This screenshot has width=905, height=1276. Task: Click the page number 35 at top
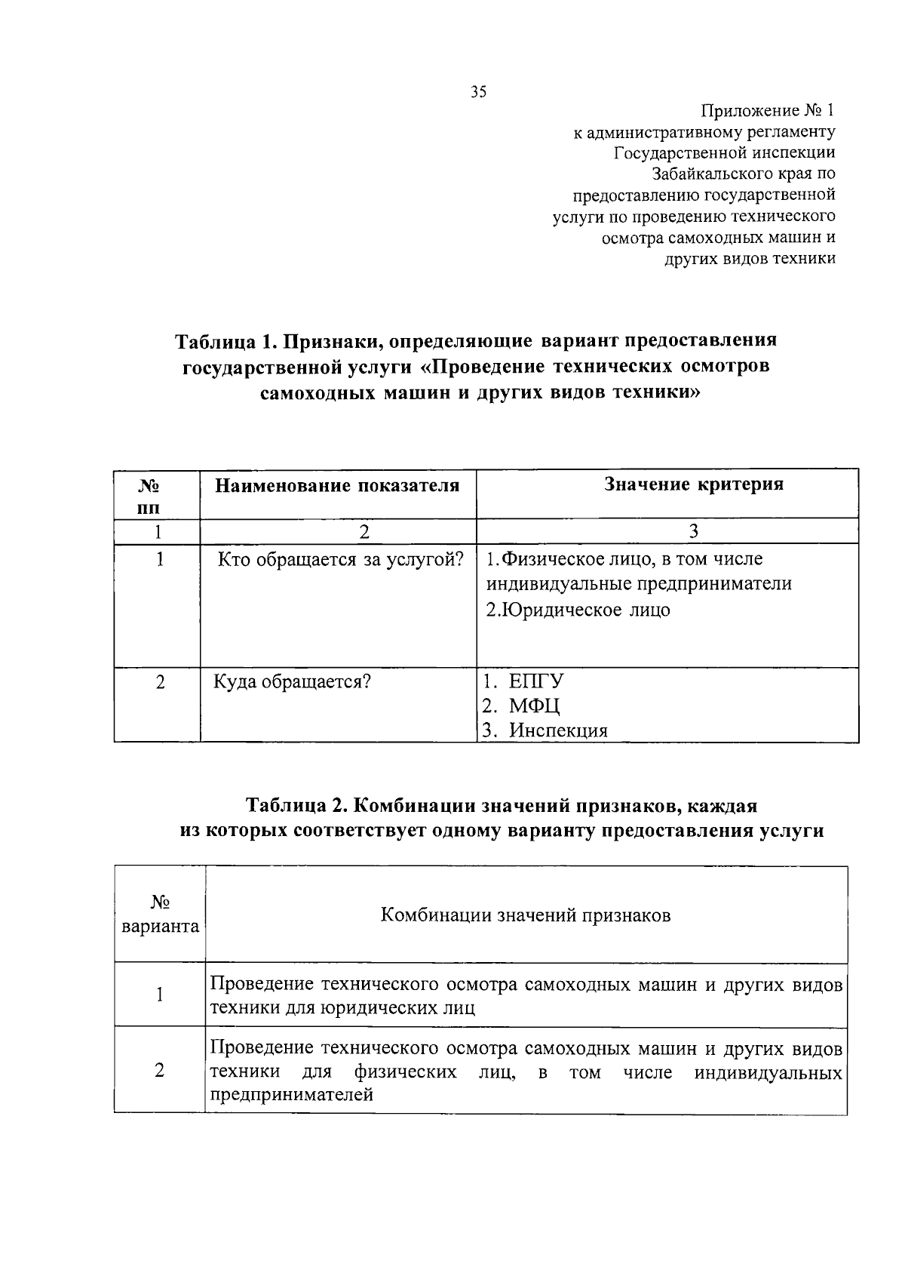pyautogui.click(x=479, y=92)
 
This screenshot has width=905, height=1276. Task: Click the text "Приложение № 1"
pyautogui.click(x=768, y=111)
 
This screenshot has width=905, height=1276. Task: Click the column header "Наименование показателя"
pyautogui.click(x=337, y=485)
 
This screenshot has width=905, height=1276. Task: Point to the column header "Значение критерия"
pyautogui.click(x=694, y=484)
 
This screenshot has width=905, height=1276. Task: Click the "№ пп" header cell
pyautogui.click(x=158, y=494)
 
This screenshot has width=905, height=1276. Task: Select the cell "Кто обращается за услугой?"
pyautogui.click(x=340, y=560)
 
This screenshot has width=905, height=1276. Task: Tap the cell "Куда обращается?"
pyautogui.click(x=292, y=682)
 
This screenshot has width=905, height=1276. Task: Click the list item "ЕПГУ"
pyautogui.click(x=536, y=681)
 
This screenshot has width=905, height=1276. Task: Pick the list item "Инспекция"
pyautogui.click(x=557, y=730)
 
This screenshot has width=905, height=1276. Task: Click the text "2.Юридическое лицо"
pyautogui.click(x=578, y=610)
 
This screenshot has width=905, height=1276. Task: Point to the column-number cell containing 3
pyautogui.click(x=694, y=531)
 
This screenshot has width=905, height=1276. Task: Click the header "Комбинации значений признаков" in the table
pyautogui.click(x=526, y=915)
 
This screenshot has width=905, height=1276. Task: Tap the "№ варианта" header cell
pyautogui.click(x=160, y=914)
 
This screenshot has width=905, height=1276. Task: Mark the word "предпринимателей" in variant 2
pyautogui.click(x=292, y=1095)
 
